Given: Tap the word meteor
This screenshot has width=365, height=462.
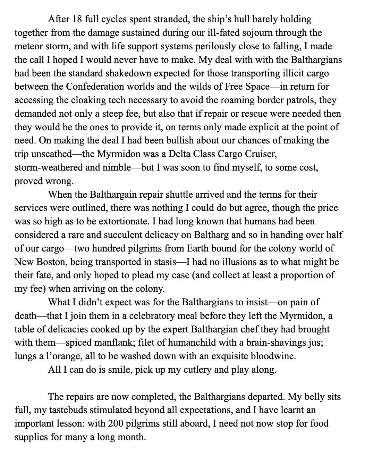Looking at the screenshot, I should pos(27,46).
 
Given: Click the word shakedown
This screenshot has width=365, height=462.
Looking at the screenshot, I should pos(138,73).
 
